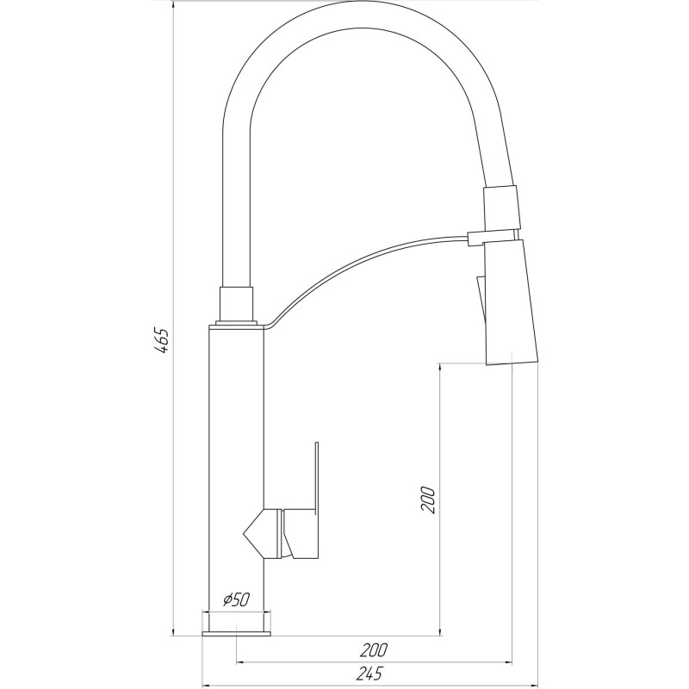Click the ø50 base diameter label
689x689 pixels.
[x=236, y=600]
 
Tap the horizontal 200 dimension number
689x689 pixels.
[x=374, y=649]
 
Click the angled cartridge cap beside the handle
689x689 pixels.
[x=261, y=532]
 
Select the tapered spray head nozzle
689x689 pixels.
[x=512, y=301]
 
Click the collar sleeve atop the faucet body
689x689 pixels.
[x=238, y=303]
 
